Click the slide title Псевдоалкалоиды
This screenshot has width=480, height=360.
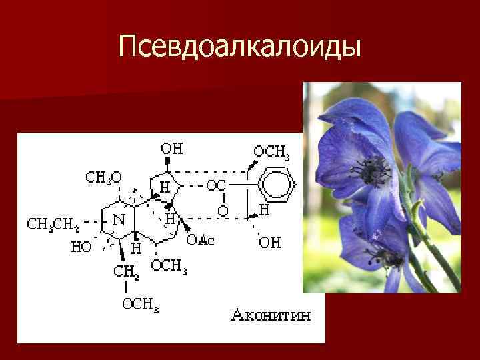(x=240, y=46)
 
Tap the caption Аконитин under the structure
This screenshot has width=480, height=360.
(x=271, y=315)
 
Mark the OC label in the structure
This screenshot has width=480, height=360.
(x=215, y=187)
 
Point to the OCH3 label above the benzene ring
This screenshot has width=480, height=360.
(x=271, y=153)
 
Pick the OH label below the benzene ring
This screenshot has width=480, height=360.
(x=269, y=242)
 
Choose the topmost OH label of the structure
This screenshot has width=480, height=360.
(x=172, y=148)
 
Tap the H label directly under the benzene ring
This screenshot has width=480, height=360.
(x=264, y=211)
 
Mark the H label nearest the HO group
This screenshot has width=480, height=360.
(x=136, y=247)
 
